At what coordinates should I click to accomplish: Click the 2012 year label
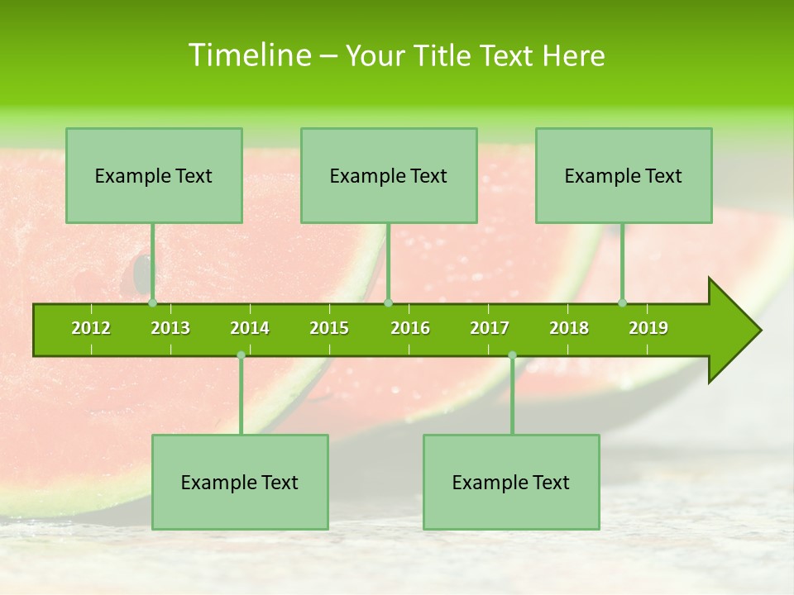point(91,328)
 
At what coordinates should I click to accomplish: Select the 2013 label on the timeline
point(170,328)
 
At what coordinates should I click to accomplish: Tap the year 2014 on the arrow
point(250,328)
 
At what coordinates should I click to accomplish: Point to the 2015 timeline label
point(329,328)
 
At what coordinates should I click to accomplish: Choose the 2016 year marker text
point(410,328)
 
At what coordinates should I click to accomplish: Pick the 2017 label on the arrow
point(490,328)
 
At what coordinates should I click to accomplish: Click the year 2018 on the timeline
point(569,328)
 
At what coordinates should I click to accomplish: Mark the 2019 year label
point(648,328)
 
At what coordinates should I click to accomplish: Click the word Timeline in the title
point(248,55)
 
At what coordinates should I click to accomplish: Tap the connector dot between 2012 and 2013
point(152,302)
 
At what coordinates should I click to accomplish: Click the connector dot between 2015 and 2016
point(389,302)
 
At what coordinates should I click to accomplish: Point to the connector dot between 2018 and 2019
point(623,302)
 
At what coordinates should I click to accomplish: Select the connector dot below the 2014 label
point(241,355)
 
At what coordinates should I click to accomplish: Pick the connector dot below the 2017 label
point(512,355)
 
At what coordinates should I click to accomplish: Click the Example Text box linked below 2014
point(240,482)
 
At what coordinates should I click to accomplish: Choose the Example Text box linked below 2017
point(511,482)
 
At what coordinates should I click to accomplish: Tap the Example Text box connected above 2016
point(389,175)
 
